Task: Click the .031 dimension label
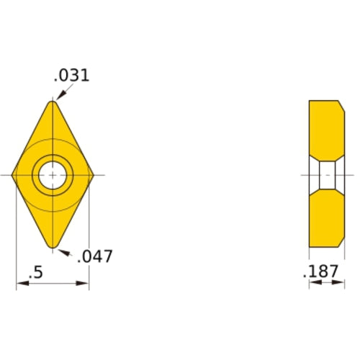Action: [72, 75]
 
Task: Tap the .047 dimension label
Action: [95, 256]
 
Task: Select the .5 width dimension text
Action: [34, 273]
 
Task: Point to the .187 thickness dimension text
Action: [321, 272]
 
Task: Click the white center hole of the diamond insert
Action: [53, 175]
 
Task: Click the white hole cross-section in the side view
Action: [328, 175]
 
